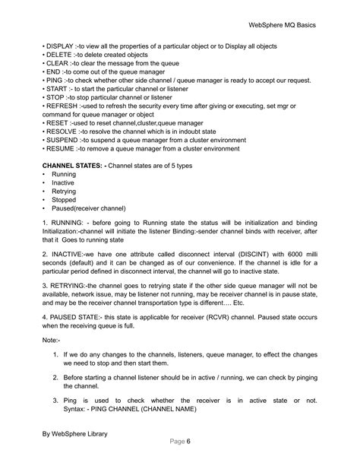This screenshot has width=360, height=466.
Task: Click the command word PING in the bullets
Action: tap(53, 87)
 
